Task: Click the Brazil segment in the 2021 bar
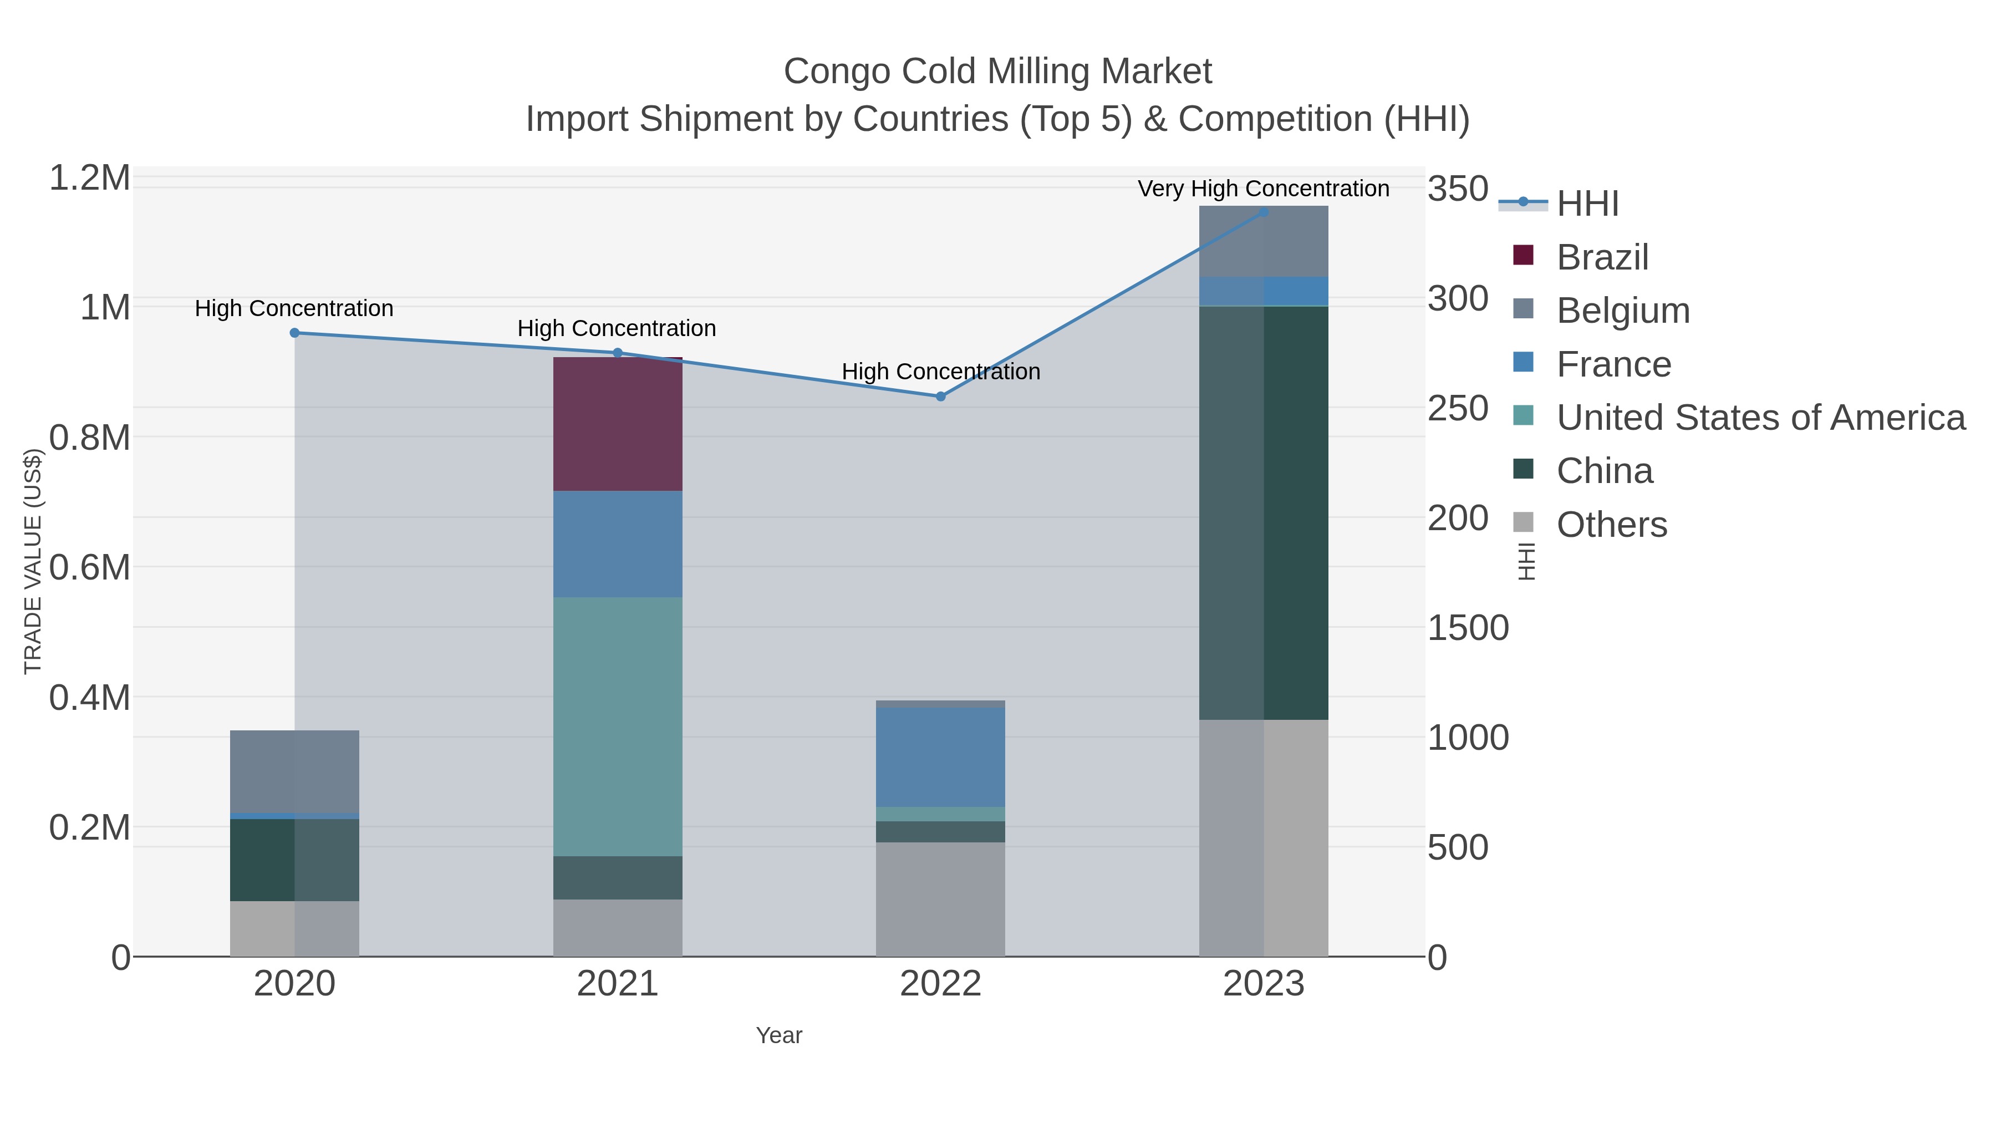coord(618,424)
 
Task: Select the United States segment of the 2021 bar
coord(618,726)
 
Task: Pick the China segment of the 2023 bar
coord(1263,512)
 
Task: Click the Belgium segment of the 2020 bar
coord(294,771)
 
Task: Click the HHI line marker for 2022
coord(941,396)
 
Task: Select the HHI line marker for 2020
coord(294,333)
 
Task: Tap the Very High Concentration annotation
coord(1263,189)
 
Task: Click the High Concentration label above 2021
coord(617,329)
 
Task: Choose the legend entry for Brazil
coord(1602,257)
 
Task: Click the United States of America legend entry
coord(1760,418)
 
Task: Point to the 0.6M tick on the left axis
coord(89,567)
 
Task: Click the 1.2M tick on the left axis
coord(89,178)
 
